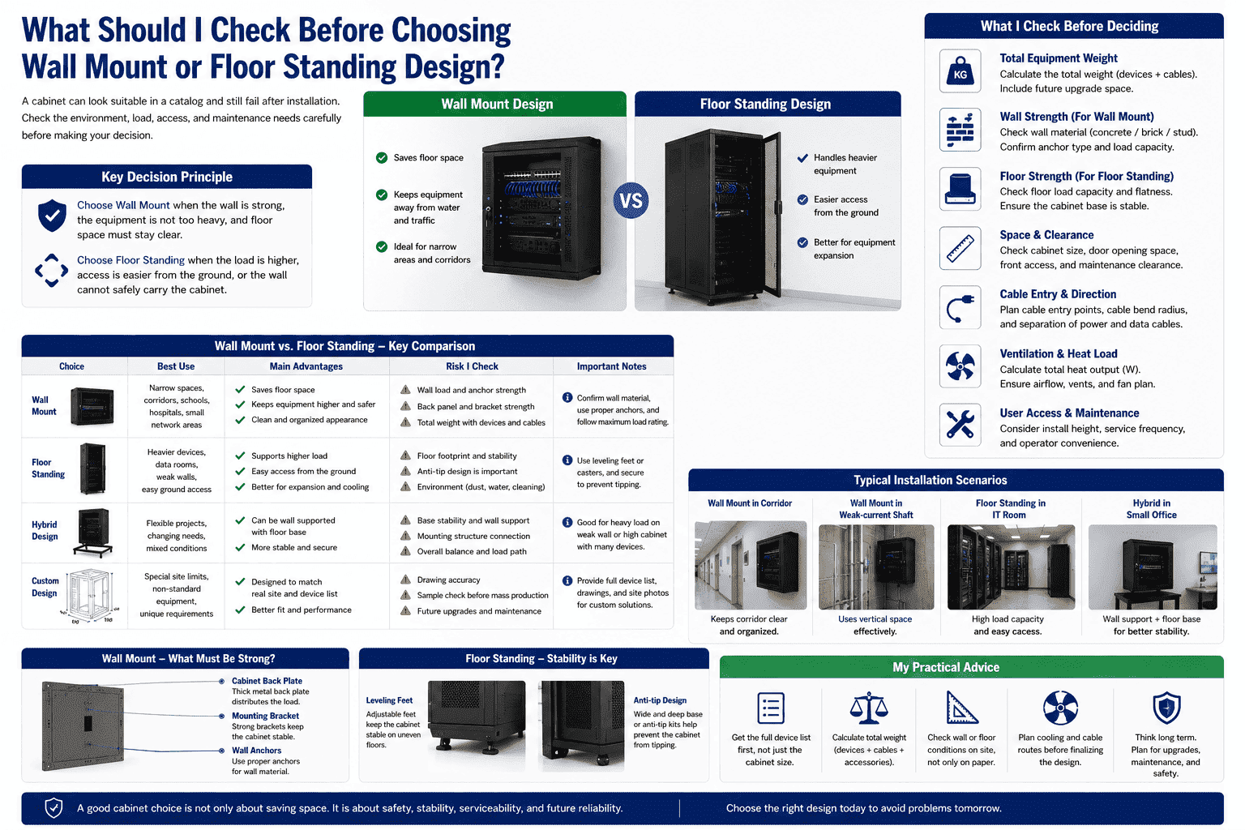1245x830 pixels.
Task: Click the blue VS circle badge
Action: (631, 200)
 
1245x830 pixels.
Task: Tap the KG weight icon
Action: (960, 71)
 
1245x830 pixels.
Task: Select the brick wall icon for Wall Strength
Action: (960, 130)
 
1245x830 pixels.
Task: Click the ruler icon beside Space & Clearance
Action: (960, 248)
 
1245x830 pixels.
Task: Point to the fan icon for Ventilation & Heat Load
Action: (960, 366)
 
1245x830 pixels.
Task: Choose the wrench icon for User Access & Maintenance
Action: (960, 426)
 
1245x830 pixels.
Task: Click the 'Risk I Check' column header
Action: (472, 366)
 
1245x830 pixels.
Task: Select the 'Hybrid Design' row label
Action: (45, 530)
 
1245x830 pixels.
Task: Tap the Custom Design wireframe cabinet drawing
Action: (89, 595)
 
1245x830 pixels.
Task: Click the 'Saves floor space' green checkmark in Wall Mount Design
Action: (382, 158)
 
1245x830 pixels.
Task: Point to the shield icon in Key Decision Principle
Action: (52, 215)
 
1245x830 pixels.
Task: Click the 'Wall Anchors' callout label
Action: (256, 751)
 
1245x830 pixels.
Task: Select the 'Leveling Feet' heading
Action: (389, 700)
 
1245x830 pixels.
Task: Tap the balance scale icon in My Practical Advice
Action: (869, 708)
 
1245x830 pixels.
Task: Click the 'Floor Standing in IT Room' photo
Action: (1011, 567)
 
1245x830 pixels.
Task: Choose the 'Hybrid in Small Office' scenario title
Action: (1152, 509)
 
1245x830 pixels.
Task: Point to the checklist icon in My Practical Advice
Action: (771, 708)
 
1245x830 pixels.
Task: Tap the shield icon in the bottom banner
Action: (54, 808)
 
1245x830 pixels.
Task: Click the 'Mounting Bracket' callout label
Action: (265, 716)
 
